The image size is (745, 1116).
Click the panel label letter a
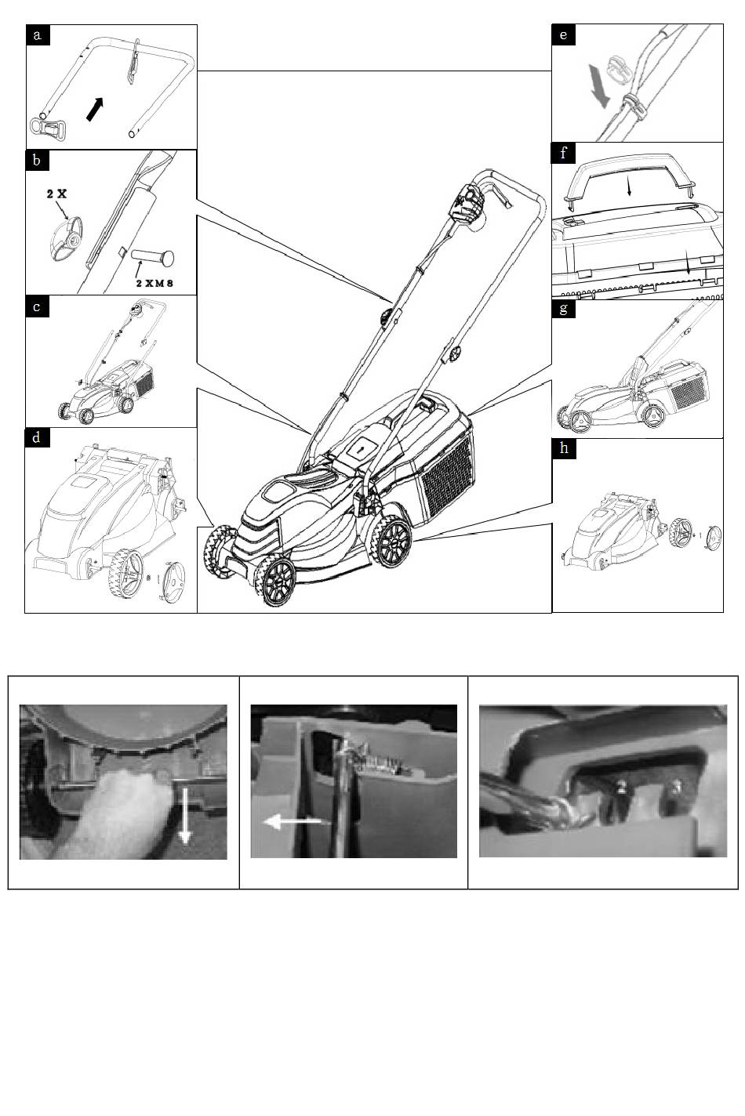pos(37,35)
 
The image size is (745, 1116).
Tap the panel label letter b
pos(37,161)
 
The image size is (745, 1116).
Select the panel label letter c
pos(37,306)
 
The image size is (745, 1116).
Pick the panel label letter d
pos(37,437)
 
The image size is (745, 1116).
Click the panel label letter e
pos(564,34)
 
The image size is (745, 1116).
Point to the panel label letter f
pos(564,153)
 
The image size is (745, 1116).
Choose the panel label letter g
pos(564,308)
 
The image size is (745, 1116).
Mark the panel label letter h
pos(564,448)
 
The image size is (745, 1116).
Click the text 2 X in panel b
pos(56,193)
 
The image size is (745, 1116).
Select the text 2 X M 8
pos(153,281)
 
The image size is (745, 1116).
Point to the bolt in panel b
pos(153,255)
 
